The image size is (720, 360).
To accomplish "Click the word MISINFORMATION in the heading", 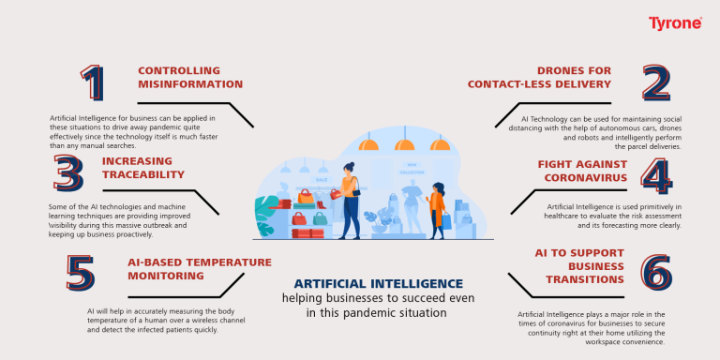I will [190, 84].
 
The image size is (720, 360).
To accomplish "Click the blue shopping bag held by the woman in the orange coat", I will [446, 221].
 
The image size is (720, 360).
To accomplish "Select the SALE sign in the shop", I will [322, 177].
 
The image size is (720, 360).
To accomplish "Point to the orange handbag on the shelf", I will [306, 197].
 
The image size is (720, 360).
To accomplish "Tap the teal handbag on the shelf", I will [320, 218].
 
